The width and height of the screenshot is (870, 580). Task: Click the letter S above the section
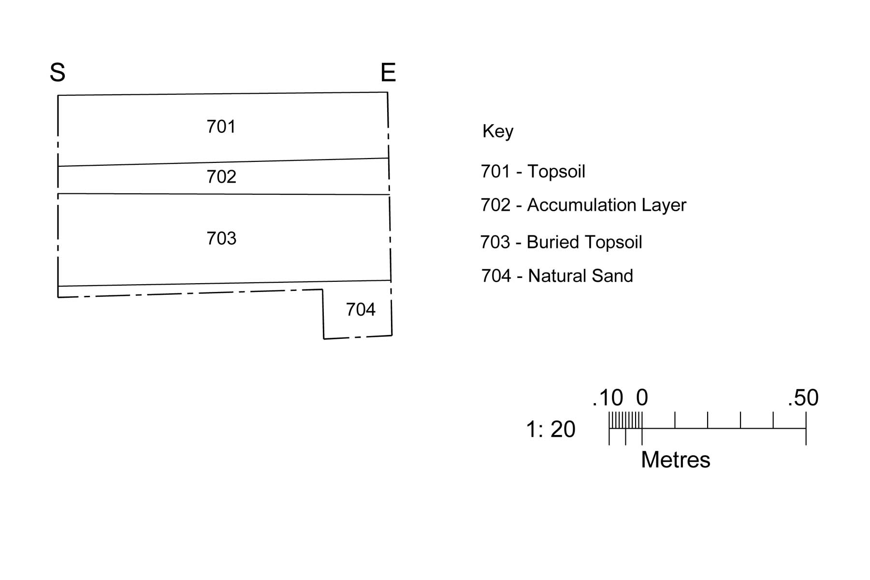coord(58,72)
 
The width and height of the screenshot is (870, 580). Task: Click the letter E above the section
coord(388,72)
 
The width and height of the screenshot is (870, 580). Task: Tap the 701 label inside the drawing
coord(221,127)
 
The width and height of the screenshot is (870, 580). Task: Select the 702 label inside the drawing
coord(221,177)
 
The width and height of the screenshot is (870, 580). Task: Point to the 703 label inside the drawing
coord(221,238)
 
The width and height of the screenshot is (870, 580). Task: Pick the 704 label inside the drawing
coord(361,309)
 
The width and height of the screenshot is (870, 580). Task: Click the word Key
coord(498,131)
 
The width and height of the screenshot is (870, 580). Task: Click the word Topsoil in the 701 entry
coord(556,172)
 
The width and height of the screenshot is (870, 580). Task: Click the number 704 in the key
coord(496,276)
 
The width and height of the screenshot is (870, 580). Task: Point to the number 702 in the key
coord(495,205)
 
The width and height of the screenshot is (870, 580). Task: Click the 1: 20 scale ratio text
coord(551,429)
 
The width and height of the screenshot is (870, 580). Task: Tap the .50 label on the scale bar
coord(803,398)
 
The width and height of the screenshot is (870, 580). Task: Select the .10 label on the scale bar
coord(608,398)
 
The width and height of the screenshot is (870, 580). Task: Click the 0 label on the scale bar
coord(642,398)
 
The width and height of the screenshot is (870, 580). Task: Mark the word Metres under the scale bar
coord(676,460)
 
